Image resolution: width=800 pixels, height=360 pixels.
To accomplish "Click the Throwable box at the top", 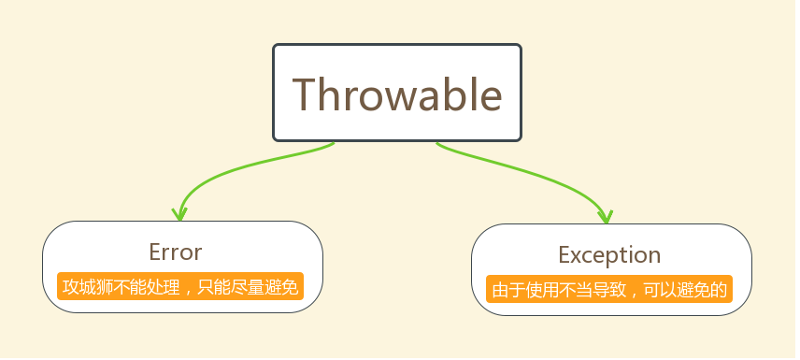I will (397, 93).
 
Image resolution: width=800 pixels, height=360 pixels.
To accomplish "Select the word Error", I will (175, 252).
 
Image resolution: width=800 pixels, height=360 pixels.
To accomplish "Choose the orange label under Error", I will (179, 286).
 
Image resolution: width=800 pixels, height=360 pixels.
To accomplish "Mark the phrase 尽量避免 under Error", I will (265, 286).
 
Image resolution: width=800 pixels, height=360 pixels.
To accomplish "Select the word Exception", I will (609, 254).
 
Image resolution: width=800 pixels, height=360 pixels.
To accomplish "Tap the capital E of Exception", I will (564, 254).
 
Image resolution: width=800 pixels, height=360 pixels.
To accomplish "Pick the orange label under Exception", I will (609, 289).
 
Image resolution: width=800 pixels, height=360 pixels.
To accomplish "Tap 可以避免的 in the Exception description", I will (688, 289).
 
